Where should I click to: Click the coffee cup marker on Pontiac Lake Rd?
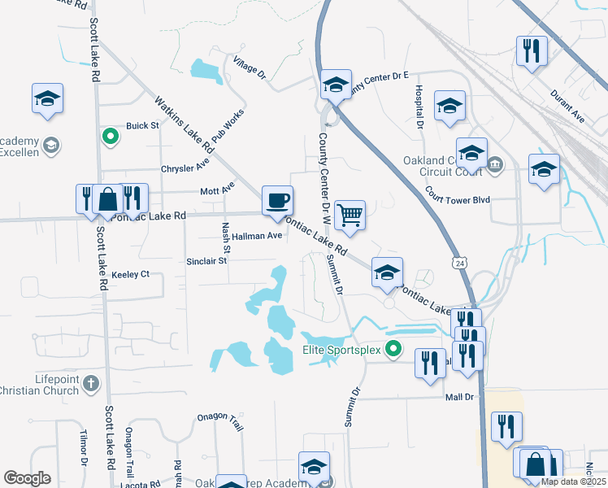click(277, 199)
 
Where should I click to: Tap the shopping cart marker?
click(350, 215)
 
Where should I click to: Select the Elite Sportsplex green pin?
click(394, 351)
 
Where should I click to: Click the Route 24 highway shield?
click(460, 264)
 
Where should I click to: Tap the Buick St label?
click(141, 126)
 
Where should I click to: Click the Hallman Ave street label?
click(257, 236)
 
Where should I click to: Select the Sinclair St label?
click(206, 261)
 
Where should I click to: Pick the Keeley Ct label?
click(130, 274)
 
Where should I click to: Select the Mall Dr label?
click(459, 397)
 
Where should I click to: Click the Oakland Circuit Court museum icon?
click(496, 168)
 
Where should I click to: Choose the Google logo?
click(28, 478)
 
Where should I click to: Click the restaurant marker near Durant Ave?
click(532, 50)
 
